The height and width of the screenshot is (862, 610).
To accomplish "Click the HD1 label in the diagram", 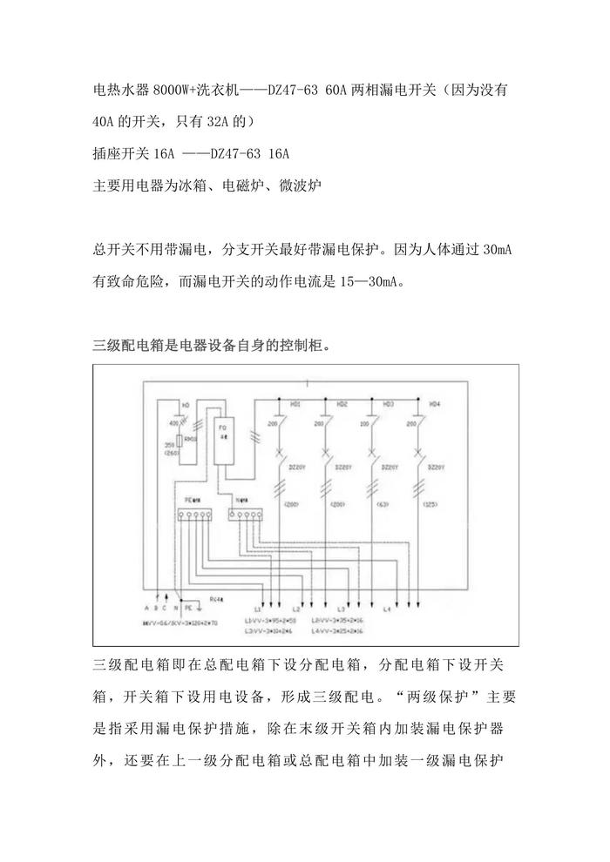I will [x=295, y=405].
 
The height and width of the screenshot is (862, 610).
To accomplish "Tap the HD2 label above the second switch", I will [x=342, y=405].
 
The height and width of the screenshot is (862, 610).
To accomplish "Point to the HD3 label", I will [x=389, y=405].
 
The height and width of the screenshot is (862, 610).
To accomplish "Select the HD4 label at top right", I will [x=435, y=405].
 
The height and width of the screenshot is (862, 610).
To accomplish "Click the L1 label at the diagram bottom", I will [x=258, y=609].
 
